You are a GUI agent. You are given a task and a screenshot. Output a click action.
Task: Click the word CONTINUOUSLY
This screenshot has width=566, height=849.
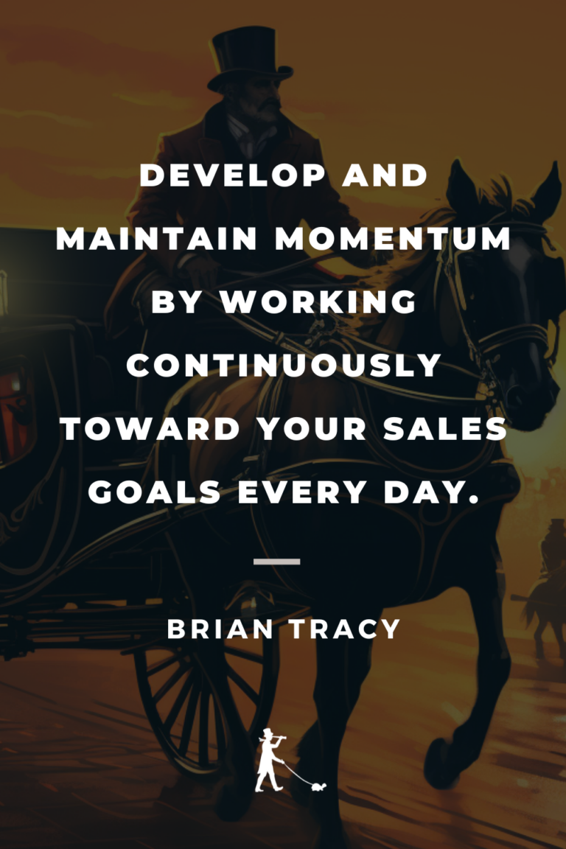pos(283,366)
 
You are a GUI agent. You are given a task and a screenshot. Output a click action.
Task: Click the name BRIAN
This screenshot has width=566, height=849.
pos(217,629)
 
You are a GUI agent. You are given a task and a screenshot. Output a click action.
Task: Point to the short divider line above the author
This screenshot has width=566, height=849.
pos(276,562)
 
